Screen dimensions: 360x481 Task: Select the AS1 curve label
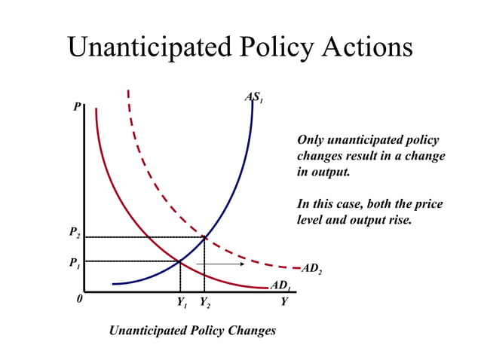click(x=253, y=98)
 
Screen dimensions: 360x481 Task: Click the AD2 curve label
click(x=311, y=269)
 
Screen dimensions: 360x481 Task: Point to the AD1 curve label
click(x=280, y=285)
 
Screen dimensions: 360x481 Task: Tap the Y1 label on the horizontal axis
click(x=182, y=303)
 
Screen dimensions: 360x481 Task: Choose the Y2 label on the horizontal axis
click(x=205, y=303)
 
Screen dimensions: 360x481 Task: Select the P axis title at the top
click(x=76, y=108)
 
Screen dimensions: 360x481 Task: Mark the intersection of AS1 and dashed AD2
click(x=204, y=237)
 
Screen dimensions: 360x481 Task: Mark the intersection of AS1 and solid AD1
click(x=179, y=261)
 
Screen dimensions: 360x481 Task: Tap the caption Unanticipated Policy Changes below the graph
click(x=192, y=331)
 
